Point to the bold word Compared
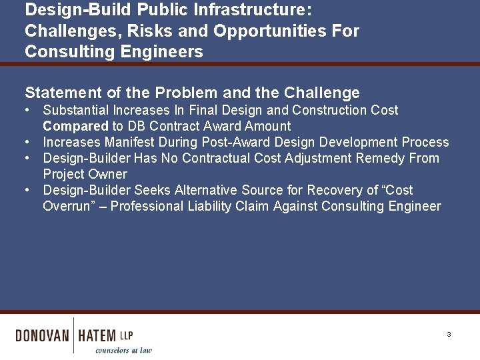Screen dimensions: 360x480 click(75, 126)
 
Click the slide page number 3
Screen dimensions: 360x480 click(449, 334)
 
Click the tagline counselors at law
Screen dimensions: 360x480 click(123, 350)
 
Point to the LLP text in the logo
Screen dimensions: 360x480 click(127, 334)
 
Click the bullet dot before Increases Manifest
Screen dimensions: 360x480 click(27, 142)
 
